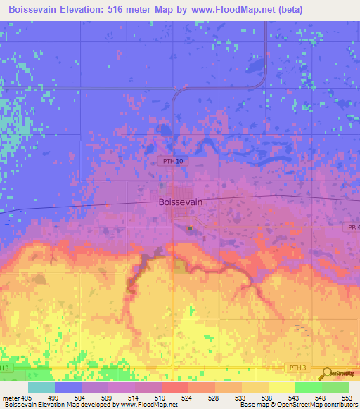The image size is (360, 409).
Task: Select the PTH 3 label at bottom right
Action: click(298, 368)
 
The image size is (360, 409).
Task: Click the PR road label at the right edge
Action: click(353, 226)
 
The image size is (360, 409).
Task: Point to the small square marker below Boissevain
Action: click(190, 227)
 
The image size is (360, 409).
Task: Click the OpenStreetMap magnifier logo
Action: click(327, 373)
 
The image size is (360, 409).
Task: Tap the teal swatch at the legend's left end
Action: click(41, 387)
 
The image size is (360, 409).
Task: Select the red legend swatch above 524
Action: click(174, 387)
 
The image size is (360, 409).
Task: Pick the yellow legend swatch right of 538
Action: click(281, 387)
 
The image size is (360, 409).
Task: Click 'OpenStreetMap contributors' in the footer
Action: click(319, 405)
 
